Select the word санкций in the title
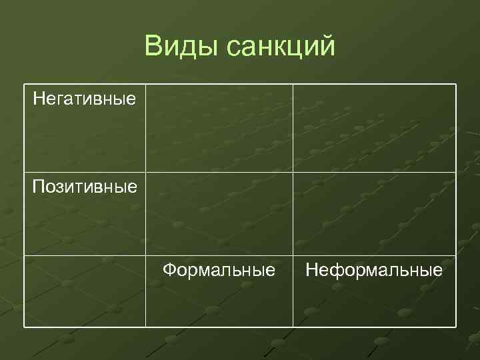coord(281,47)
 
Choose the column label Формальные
coord(219,270)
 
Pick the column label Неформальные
coord(373,270)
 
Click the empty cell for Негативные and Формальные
coord(219,128)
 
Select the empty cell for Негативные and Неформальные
coord(374,128)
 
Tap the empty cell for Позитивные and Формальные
coord(219,214)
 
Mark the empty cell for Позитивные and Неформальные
coord(374,214)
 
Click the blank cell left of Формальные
coord(85,291)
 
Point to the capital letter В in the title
coord(153,47)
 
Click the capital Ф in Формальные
coord(170,270)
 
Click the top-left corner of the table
coord(25,85)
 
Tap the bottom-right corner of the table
coord(456,327)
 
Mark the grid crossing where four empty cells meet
coord(293,172)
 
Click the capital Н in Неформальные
coord(311,270)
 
